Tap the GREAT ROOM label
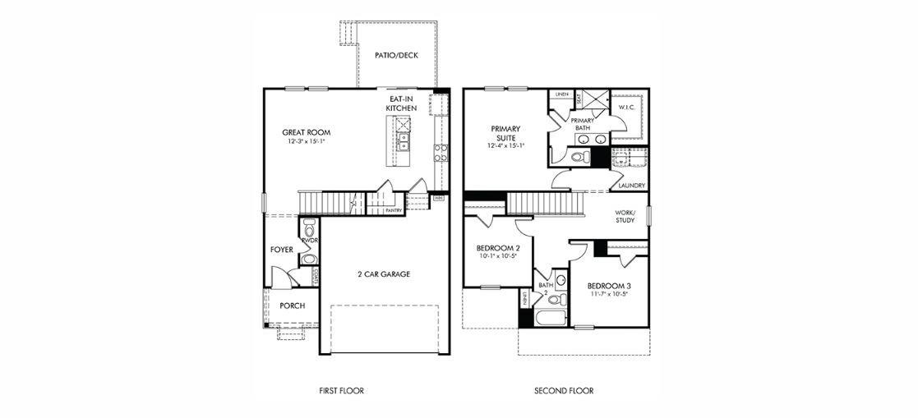click(306, 131)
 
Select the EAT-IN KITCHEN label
click(403, 103)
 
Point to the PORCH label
click(291, 305)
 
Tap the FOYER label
click(282, 249)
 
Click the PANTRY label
click(393, 210)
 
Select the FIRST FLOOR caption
click(341, 391)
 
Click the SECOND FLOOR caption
click(563, 391)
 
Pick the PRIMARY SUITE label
click(505, 133)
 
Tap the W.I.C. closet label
click(625, 107)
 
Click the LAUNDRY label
click(631, 186)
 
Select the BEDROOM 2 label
click(498, 248)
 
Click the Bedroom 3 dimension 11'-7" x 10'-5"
click(609, 294)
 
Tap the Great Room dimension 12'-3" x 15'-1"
click(306, 141)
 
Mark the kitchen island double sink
click(404, 135)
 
